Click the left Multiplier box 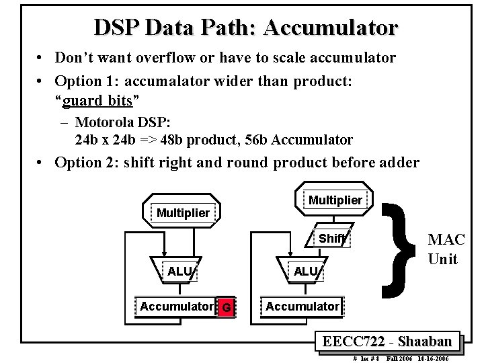[x=183, y=213]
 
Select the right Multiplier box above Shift [x=335, y=200]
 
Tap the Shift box [x=332, y=239]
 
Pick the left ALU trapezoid [x=179, y=271]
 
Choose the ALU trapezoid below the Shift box [x=306, y=271]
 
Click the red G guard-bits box [x=227, y=307]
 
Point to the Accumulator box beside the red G [x=176, y=307]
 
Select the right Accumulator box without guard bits [x=302, y=307]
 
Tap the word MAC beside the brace [x=446, y=240]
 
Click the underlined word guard [x=83, y=100]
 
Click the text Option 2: [x=87, y=162]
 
